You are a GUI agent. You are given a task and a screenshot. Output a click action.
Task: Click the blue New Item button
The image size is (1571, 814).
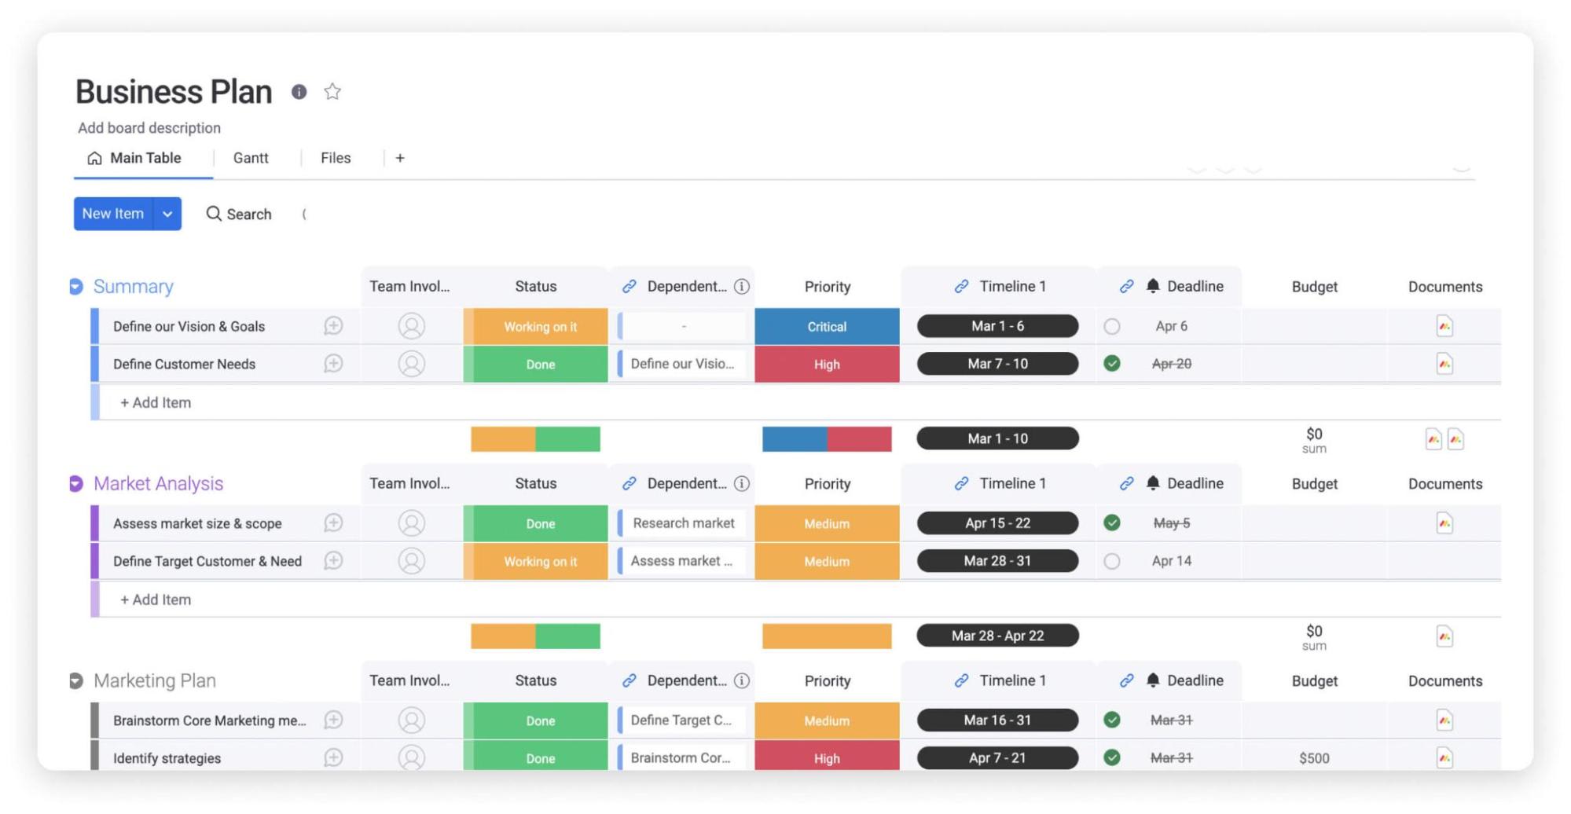coord(113,214)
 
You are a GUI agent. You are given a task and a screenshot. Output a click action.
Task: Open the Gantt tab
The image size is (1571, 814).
coord(251,158)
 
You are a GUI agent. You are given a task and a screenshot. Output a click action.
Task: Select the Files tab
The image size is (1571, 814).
coord(336,158)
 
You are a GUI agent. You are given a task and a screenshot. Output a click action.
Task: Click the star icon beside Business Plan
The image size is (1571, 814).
coord(332,92)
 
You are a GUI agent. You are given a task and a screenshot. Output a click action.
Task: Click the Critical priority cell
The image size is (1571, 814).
coord(827,327)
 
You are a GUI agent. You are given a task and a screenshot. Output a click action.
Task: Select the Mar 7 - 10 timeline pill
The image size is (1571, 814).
coord(997,364)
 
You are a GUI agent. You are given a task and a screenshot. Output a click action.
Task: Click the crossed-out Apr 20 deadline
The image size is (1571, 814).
coord(1171,364)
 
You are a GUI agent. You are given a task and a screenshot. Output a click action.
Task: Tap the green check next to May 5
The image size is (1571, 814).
coord(1111,523)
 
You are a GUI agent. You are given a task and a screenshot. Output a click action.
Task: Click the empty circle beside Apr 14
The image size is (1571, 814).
coord(1111,561)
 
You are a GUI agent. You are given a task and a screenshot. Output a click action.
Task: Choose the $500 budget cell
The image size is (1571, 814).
coord(1314,758)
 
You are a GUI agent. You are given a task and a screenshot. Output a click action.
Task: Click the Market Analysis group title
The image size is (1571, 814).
coord(158,483)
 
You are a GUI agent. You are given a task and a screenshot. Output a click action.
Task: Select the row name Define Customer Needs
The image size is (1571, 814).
coord(184,364)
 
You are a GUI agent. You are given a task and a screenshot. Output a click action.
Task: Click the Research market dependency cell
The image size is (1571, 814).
coord(683,523)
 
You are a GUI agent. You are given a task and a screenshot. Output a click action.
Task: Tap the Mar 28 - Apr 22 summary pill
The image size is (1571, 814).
coord(997,636)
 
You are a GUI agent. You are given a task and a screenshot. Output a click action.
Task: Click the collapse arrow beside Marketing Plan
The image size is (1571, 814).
coord(76,680)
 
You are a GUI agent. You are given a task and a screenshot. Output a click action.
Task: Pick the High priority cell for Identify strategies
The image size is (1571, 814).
coord(827,758)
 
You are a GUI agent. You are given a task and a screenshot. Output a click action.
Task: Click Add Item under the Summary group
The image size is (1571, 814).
coord(156,402)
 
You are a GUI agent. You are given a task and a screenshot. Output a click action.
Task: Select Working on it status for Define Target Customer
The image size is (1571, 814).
coord(540,561)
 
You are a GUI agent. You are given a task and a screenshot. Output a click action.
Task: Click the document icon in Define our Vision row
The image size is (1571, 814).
coord(1444,326)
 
